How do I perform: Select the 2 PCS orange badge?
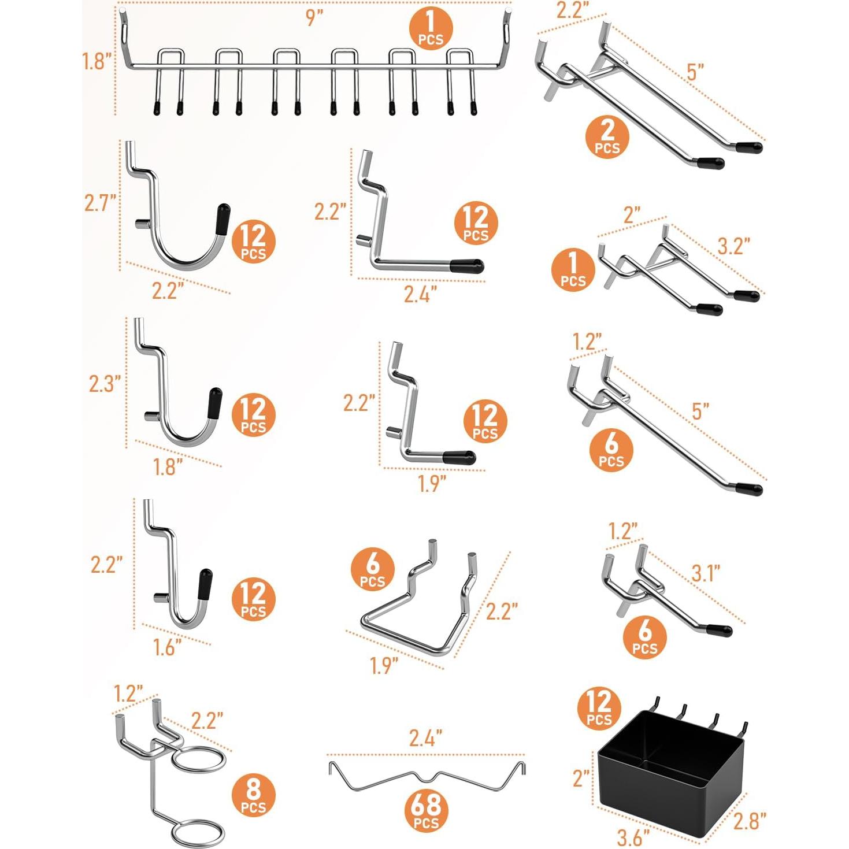pos(607,136)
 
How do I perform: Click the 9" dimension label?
pos(314,18)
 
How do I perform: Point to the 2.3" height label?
pos(105,383)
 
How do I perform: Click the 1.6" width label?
pos(168,647)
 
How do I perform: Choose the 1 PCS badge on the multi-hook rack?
pos(431,31)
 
